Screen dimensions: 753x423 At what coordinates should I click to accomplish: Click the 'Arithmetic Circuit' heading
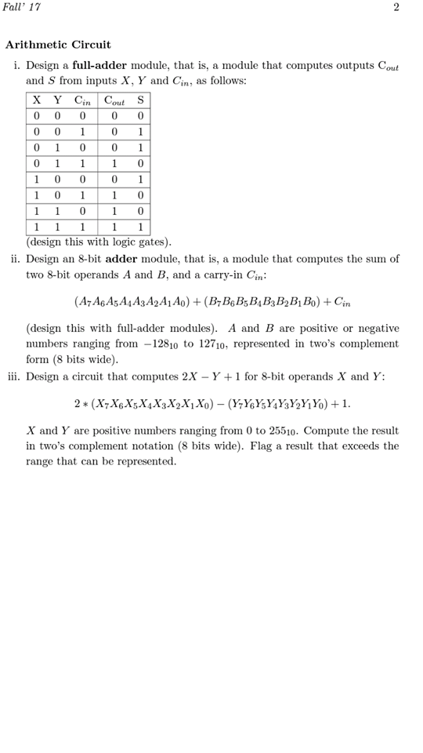(x=58, y=45)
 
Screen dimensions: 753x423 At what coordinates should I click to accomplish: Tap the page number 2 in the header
(x=396, y=7)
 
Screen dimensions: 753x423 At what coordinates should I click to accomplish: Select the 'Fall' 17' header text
(x=21, y=7)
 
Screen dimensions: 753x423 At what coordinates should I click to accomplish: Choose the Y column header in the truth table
(x=57, y=100)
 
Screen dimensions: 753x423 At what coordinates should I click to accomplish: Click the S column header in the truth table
(x=140, y=100)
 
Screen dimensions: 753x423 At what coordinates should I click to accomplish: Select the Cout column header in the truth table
(x=115, y=100)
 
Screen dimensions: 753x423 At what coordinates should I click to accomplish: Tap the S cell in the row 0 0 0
(x=140, y=115)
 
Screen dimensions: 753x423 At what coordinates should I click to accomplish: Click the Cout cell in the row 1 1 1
(x=115, y=227)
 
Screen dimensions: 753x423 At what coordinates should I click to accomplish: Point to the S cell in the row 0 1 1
(x=140, y=163)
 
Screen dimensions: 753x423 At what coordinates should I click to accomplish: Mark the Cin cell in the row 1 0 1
(x=82, y=195)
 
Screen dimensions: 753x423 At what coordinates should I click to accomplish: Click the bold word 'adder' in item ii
(x=121, y=259)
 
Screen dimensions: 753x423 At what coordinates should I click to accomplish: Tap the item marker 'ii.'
(x=16, y=259)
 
